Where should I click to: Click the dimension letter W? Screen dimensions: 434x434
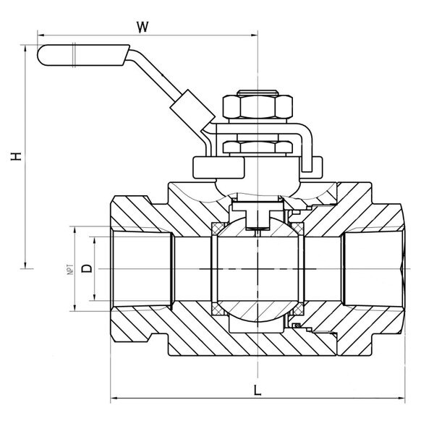(142, 27)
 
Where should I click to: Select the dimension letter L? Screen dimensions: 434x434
(257, 391)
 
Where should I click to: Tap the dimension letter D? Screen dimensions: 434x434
(87, 269)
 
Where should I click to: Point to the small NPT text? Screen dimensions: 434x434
(70, 269)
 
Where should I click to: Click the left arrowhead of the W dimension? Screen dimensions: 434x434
(41, 34)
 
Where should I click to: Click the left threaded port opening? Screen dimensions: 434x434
(141, 269)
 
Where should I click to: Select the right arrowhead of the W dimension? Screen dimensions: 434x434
(255, 34)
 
